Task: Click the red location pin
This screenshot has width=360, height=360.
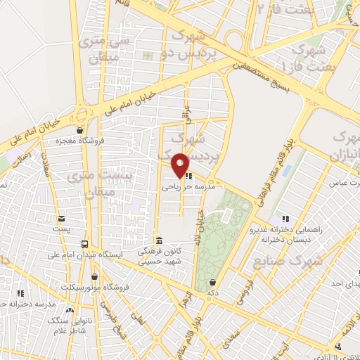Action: pos(181,165)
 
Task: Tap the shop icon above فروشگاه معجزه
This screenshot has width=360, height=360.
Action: pos(81,130)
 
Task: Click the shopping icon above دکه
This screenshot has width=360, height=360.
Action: pos(212,281)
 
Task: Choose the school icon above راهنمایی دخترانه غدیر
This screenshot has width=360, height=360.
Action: pos(285,219)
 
